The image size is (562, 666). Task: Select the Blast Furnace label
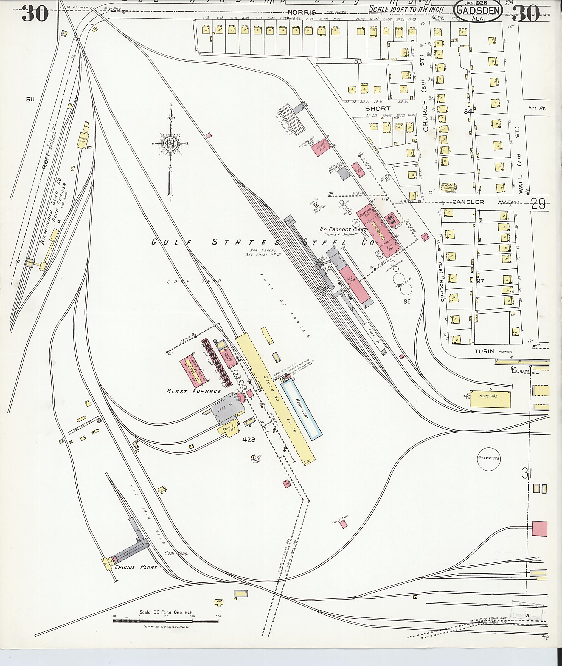point(194,391)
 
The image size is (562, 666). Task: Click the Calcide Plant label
point(136,567)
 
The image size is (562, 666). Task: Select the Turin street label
point(484,351)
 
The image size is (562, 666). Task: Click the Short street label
point(378,109)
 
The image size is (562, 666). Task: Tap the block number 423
point(249,440)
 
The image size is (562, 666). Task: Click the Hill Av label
point(537,108)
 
